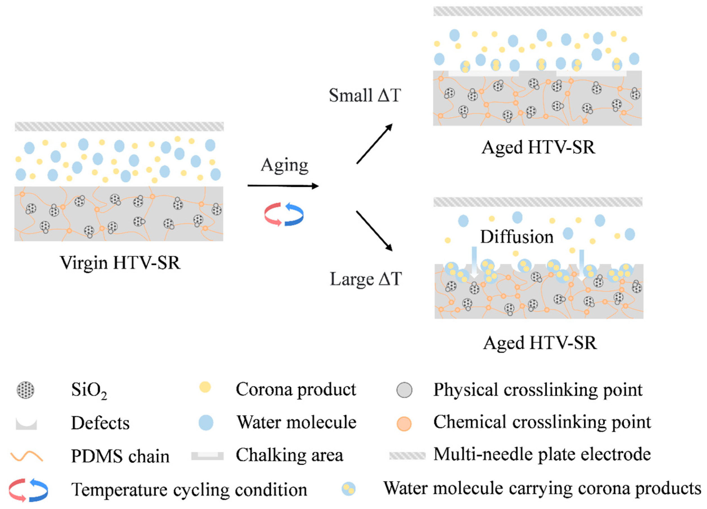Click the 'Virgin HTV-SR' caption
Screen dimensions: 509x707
tap(120, 263)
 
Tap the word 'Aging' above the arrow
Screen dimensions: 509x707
tap(284, 165)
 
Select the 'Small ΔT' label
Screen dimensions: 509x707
tap(365, 95)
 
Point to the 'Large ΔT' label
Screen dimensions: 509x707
tap(366, 279)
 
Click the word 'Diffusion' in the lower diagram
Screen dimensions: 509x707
tap(517, 237)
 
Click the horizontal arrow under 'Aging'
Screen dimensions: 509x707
tap(283, 186)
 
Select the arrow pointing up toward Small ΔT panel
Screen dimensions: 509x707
tap(374, 144)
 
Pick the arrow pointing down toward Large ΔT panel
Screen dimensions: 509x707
tap(374, 231)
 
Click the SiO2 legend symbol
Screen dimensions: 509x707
tap(26, 390)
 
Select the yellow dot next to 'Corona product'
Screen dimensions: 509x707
tap(205, 387)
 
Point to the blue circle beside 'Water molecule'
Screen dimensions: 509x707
tap(206, 423)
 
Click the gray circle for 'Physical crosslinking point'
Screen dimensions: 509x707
tap(404, 390)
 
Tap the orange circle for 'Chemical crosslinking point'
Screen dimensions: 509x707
tap(404, 424)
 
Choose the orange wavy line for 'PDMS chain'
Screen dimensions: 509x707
tap(26, 456)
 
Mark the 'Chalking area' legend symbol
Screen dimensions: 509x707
tap(207, 456)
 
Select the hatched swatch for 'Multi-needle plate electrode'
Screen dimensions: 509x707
tap(407, 456)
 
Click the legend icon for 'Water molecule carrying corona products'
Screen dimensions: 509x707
tap(348, 489)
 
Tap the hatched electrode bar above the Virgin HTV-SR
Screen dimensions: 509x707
tap(119, 126)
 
